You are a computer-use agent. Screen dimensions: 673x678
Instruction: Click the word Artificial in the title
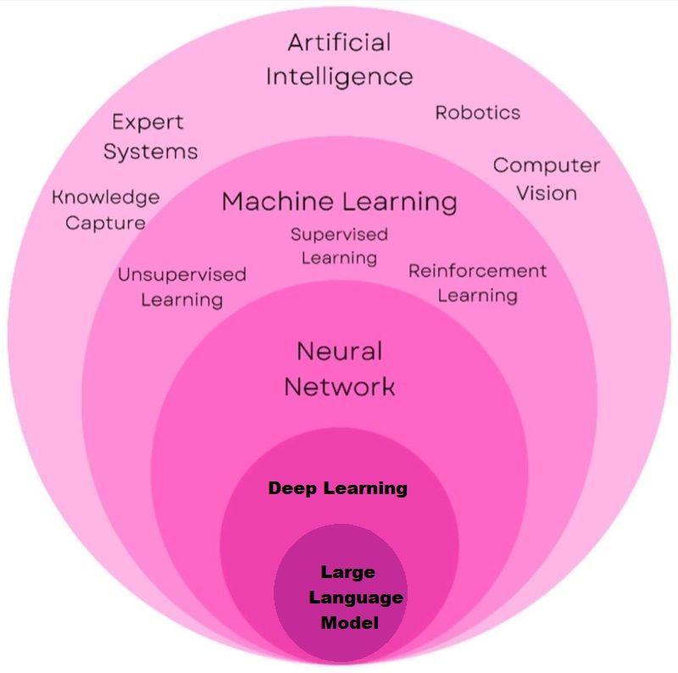click(339, 42)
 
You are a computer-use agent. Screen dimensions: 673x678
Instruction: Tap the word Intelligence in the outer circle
click(339, 76)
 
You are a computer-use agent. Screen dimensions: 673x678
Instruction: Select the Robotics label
click(477, 112)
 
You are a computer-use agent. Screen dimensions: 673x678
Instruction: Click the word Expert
click(147, 122)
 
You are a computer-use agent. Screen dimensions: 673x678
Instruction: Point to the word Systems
click(150, 152)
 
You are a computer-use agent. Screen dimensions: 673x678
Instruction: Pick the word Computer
click(546, 165)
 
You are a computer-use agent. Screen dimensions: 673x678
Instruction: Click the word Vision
click(547, 193)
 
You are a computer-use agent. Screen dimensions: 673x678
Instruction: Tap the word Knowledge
click(106, 197)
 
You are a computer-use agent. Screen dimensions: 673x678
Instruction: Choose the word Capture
click(105, 224)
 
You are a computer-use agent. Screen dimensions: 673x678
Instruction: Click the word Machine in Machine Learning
click(277, 202)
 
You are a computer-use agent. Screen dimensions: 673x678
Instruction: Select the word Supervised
click(339, 234)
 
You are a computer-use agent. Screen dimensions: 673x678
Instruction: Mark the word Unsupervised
click(181, 275)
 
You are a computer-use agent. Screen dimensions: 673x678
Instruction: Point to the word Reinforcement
click(477, 271)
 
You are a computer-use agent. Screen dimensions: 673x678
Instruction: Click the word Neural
click(339, 351)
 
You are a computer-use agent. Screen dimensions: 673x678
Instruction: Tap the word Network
click(339, 387)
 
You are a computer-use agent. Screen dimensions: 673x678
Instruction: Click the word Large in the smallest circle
click(347, 572)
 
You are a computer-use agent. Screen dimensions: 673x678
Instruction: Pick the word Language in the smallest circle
click(355, 598)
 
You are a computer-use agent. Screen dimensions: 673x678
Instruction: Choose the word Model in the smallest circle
click(349, 623)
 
